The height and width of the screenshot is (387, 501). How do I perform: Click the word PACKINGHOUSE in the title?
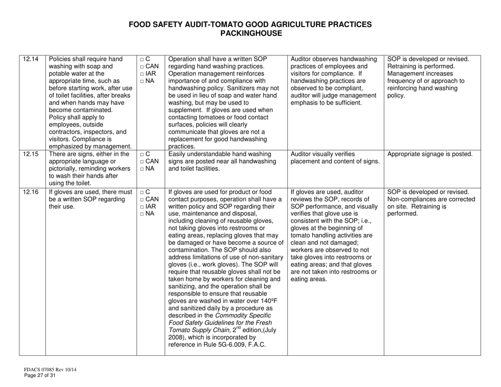[250, 33]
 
